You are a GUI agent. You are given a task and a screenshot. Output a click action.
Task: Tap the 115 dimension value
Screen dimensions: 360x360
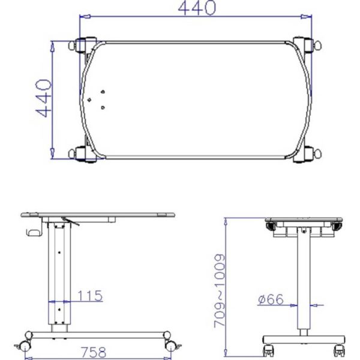[90, 295]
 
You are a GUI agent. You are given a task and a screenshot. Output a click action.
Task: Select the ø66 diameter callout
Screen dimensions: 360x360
[271, 299]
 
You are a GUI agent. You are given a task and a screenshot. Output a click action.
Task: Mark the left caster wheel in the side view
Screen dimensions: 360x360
[27, 344]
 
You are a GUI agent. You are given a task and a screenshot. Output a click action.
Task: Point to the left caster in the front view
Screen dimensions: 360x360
[268, 347]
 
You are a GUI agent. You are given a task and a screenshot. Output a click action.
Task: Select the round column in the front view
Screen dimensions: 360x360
[304, 276]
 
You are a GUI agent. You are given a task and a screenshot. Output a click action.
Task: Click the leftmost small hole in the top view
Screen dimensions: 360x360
[89, 100]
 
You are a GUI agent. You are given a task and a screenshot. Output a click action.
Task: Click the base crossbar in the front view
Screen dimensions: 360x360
[305, 339]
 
